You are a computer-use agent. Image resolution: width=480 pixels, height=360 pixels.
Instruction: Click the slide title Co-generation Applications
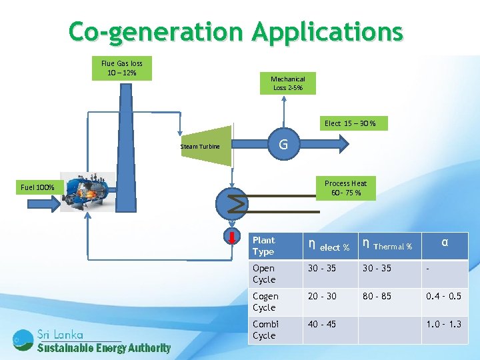[236, 31]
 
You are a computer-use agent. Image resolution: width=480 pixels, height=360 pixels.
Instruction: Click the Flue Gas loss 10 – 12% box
[121, 68]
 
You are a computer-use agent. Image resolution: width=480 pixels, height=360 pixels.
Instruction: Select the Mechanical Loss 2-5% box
[287, 83]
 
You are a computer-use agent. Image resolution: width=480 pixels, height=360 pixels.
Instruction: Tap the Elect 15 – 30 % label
[350, 123]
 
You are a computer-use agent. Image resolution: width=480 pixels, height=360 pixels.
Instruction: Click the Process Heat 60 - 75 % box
[345, 188]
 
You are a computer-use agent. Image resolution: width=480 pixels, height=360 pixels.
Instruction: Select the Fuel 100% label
[38, 187]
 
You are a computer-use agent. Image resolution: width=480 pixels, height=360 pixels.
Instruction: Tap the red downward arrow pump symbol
[230, 237]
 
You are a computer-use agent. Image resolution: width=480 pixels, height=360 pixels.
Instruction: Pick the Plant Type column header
[264, 246]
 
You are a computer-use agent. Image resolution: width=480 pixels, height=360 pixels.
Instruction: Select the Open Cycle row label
[264, 274]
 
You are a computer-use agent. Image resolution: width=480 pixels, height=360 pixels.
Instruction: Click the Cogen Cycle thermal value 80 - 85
[377, 296]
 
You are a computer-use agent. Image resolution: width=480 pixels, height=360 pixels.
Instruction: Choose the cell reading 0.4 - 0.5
[443, 296]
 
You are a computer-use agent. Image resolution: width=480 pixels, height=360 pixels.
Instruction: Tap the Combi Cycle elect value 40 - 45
[321, 324]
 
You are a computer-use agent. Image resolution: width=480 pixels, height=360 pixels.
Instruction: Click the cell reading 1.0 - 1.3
[443, 324]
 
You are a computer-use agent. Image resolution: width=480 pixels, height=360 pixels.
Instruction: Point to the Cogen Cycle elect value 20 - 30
[321, 296]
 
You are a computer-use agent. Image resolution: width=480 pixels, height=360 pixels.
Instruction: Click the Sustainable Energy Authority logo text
[103, 347]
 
